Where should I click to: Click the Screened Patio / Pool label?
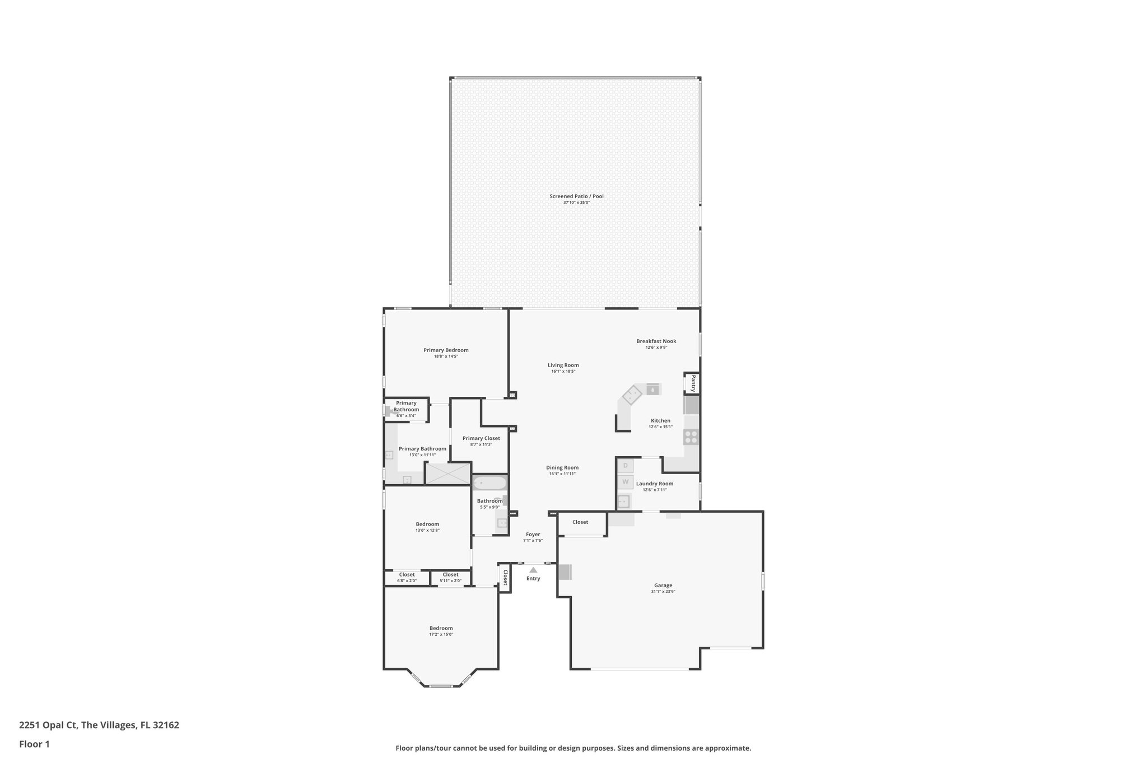(576, 196)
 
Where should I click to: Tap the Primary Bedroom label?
(446, 350)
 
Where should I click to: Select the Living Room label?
(563, 365)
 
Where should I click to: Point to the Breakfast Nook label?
(656, 341)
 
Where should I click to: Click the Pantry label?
(693, 383)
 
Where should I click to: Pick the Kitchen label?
(660, 421)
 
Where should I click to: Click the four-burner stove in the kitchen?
(691, 437)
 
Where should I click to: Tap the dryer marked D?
(626, 466)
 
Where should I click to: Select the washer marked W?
(626, 481)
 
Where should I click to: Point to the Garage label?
(663, 585)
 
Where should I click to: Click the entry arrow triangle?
(533, 570)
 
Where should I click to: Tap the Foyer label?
(533, 535)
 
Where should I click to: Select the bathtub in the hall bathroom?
(489, 482)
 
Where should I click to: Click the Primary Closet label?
(481, 438)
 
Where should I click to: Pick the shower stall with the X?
(447, 474)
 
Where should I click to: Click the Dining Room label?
(562, 468)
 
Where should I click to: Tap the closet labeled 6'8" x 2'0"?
(407, 577)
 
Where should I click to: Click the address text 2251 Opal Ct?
(49, 725)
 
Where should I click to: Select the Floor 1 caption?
(34, 744)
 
